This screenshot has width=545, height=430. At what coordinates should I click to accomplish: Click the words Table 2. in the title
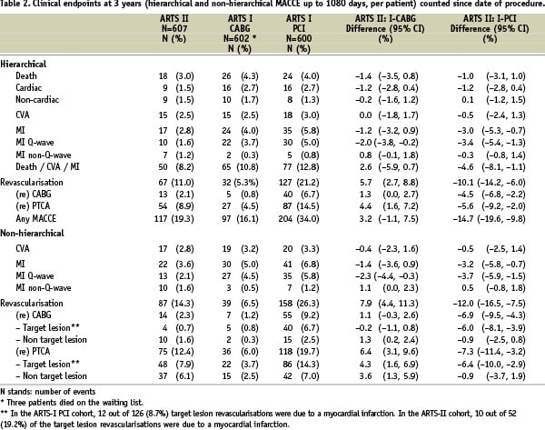17,6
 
